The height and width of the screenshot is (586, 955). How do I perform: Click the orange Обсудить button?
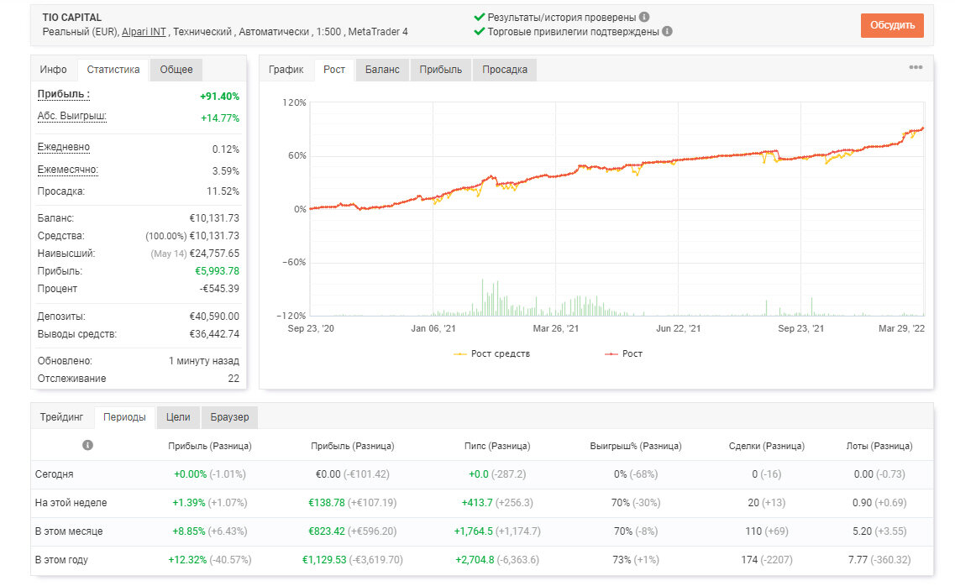pyautogui.click(x=892, y=25)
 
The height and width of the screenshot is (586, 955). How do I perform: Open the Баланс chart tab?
pyautogui.click(x=382, y=70)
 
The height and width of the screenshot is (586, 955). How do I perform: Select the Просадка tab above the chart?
pyautogui.click(x=504, y=70)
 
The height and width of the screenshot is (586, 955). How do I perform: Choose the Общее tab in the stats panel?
pyautogui.click(x=176, y=70)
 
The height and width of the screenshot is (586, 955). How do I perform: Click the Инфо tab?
pyautogui.click(x=53, y=70)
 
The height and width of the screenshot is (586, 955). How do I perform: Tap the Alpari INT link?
pyautogui.click(x=144, y=32)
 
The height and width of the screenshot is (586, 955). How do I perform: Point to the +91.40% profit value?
pyautogui.click(x=219, y=97)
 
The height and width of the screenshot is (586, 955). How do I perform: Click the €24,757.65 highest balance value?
pyautogui.click(x=214, y=254)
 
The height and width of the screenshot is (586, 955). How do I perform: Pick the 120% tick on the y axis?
pyautogui.click(x=294, y=102)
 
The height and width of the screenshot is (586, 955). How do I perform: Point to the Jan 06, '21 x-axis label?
pyautogui.click(x=433, y=328)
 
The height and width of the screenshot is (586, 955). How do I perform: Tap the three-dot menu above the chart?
pyautogui.click(x=916, y=67)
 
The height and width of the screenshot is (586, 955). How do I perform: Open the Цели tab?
pyautogui.click(x=178, y=417)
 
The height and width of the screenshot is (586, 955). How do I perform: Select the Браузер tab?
pyautogui.click(x=229, y=417)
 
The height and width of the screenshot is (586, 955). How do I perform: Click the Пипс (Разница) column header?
pyautogui.click(x=497, y=446)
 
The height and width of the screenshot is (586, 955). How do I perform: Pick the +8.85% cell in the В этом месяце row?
pyautogui.click(x=190, y=531)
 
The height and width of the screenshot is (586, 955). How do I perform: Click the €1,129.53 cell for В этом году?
pyautogui.click(x=324, y=560)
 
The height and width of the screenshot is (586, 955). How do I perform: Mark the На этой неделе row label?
pyautogui.click(x=71, y=503)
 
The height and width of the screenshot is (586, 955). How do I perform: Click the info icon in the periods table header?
pyautogui.click(x=87, y=446)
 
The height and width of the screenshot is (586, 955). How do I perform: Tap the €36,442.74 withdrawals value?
pyautogui.click(x=214, y=334)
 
